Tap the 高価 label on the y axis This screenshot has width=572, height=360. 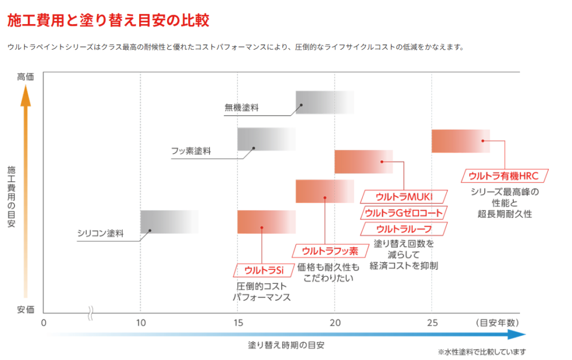(26, 77)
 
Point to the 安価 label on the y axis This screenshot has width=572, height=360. (26, 309)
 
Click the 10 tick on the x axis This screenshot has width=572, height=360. (141, 323)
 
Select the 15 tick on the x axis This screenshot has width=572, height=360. (238, 323)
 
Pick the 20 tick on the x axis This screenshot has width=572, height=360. (335, 323)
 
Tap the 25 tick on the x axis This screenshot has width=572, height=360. (432, 323)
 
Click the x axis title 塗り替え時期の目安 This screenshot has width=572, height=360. (286, 345)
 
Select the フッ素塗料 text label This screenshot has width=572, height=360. (191, 151)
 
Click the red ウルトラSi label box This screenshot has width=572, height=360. (261, 270)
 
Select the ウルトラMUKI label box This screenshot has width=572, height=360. (404, 196)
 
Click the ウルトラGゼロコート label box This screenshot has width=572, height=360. (404, 212)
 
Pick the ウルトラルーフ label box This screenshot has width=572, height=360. (404, 229)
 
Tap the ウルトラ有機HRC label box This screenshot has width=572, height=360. (504, 176)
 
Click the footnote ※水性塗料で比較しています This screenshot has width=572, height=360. (482, 352)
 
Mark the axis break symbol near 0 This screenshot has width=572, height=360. (90, 312)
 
